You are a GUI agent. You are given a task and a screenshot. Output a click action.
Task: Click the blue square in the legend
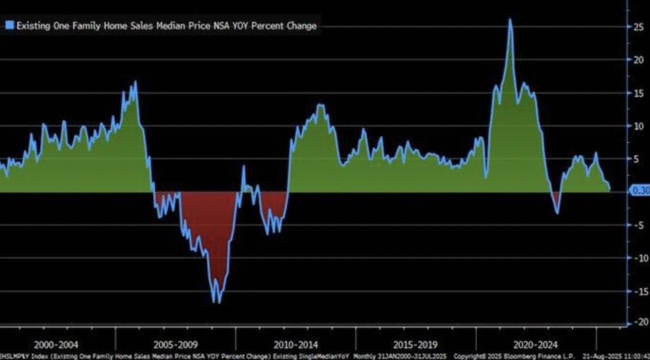coord(10,25)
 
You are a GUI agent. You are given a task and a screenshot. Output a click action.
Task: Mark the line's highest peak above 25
coord(510,19)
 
